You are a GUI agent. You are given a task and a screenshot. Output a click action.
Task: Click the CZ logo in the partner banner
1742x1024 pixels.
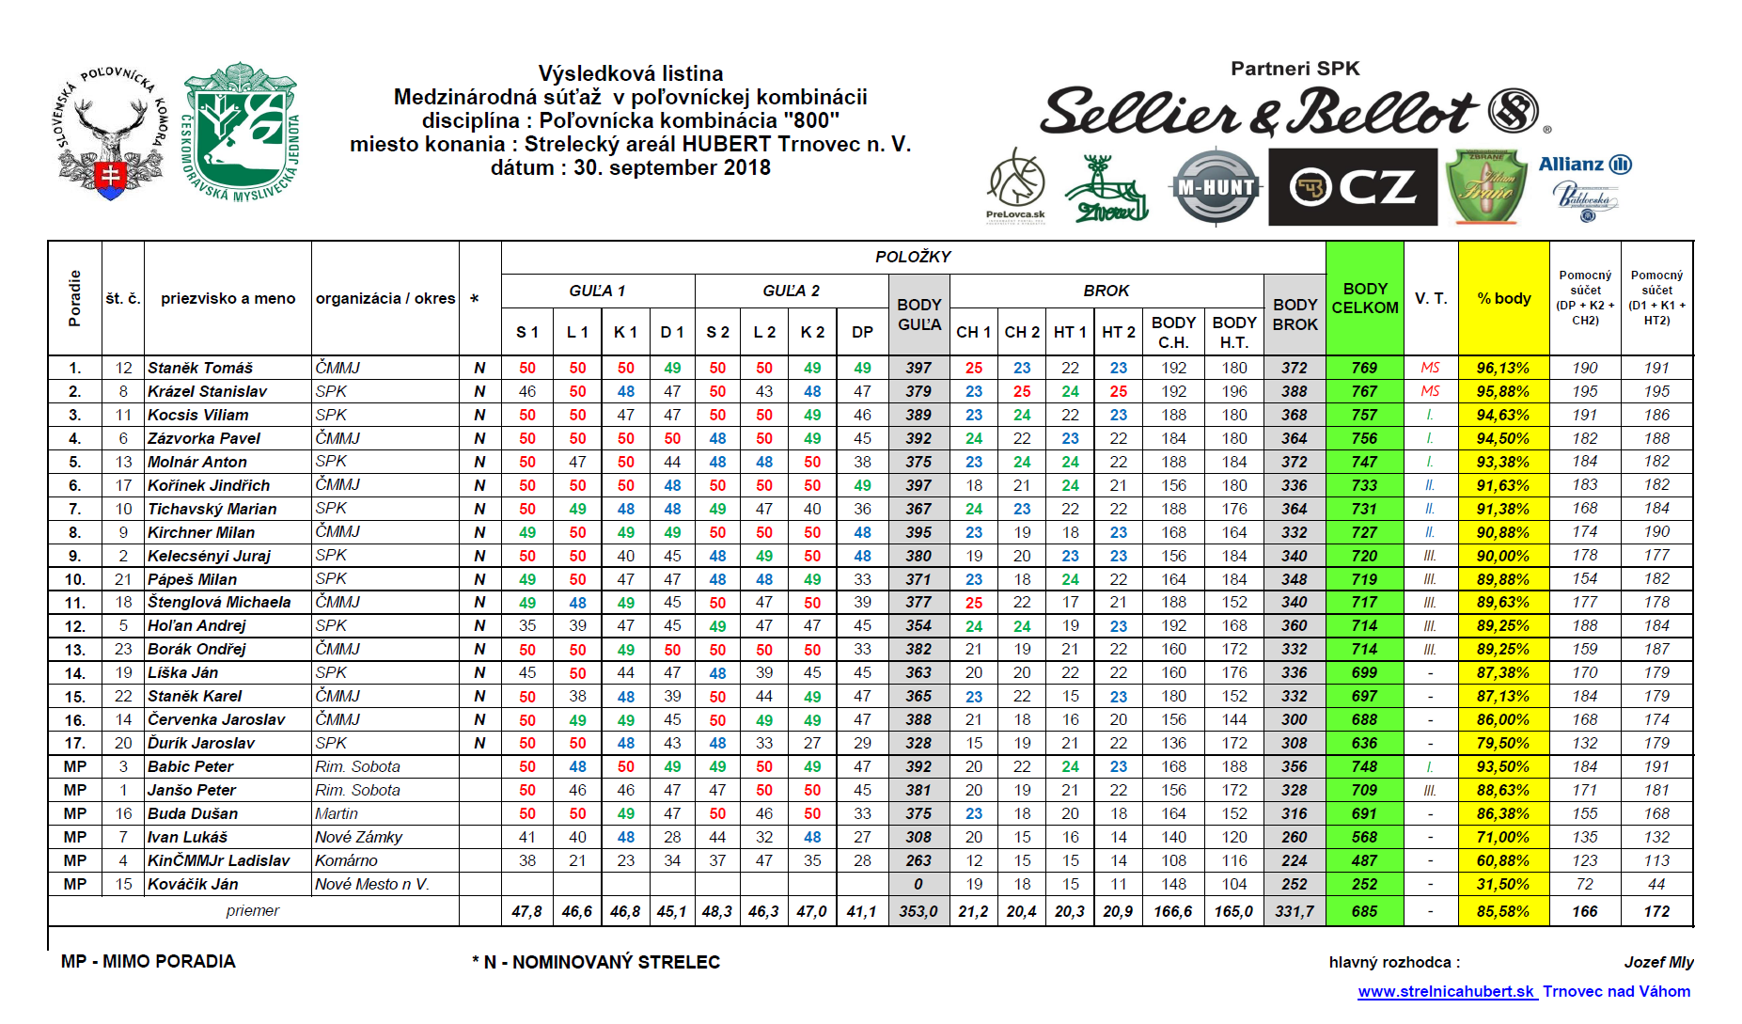pos(1352,187)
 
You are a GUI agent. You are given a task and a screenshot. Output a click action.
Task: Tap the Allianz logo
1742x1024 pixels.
pos(1584,165)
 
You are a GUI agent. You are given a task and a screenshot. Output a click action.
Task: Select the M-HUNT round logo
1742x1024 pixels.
pos(1216,187)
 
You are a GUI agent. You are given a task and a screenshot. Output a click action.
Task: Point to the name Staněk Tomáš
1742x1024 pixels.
pos(200,368)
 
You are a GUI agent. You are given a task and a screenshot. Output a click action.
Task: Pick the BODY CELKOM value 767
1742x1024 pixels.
pos(1364,391)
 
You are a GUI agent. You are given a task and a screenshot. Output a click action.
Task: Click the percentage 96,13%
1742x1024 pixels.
pos(1502,368)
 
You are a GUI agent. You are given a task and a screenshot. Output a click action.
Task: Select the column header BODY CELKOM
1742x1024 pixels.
pos(1364,298)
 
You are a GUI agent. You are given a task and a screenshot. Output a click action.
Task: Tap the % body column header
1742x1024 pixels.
pos(1503,298)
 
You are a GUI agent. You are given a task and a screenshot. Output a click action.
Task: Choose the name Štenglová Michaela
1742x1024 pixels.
pos(219,602)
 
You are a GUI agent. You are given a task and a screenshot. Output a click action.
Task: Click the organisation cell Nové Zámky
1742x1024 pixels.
pos(358,837)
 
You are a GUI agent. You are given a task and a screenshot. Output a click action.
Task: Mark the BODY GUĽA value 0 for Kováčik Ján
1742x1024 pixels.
pos(918,884)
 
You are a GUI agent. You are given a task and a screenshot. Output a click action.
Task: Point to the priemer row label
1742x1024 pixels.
pos(252,910)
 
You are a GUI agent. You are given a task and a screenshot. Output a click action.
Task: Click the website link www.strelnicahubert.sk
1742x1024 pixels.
pos(1446,991)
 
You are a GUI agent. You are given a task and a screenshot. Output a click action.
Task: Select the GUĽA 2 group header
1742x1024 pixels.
pos(791,291)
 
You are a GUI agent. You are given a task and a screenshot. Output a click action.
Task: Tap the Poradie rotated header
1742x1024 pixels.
pos(75,298)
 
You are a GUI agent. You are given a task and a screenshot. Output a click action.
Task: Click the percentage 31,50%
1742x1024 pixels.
pos(1502,884)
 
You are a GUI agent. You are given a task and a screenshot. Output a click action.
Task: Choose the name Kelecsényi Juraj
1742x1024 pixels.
pos(209,556)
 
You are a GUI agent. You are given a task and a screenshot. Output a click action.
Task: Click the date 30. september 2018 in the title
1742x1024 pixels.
pos(630,167)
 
